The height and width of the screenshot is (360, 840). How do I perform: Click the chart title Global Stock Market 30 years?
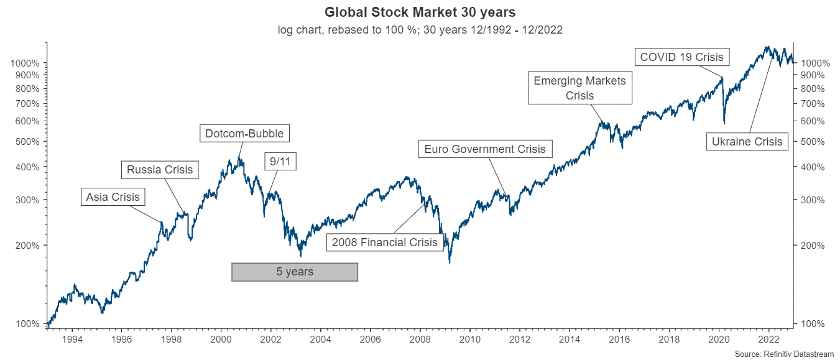click(420, 12)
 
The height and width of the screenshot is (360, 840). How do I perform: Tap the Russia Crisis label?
click(160, 169)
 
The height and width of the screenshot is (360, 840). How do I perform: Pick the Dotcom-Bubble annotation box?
click(245, 133)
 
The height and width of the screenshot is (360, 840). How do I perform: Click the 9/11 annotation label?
click(280, 162)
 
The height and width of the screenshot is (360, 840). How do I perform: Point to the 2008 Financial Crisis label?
click(385, 242)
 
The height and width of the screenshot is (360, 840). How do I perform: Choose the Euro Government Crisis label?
click(484, 149)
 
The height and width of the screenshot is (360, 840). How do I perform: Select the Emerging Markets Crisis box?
click(579, 88)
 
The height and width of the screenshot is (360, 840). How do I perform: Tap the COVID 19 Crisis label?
click(681, 57)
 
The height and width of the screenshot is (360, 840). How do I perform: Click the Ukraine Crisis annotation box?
click(747, 141)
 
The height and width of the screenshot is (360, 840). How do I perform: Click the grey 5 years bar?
click(295, 272)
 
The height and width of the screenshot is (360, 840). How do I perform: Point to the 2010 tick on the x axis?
click(470, 339)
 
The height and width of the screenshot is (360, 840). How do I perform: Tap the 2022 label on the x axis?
click(769, 339)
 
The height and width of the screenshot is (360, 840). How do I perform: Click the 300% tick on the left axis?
click(27, 200)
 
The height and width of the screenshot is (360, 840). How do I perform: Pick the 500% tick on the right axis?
click(811, 142)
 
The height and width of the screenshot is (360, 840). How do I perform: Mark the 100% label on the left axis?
click(27, 324)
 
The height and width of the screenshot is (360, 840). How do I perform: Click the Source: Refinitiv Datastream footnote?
click(783, 354)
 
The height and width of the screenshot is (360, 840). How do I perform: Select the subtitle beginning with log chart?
click(420, 30)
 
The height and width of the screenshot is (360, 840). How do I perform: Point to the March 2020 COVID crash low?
click(724, 122)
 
